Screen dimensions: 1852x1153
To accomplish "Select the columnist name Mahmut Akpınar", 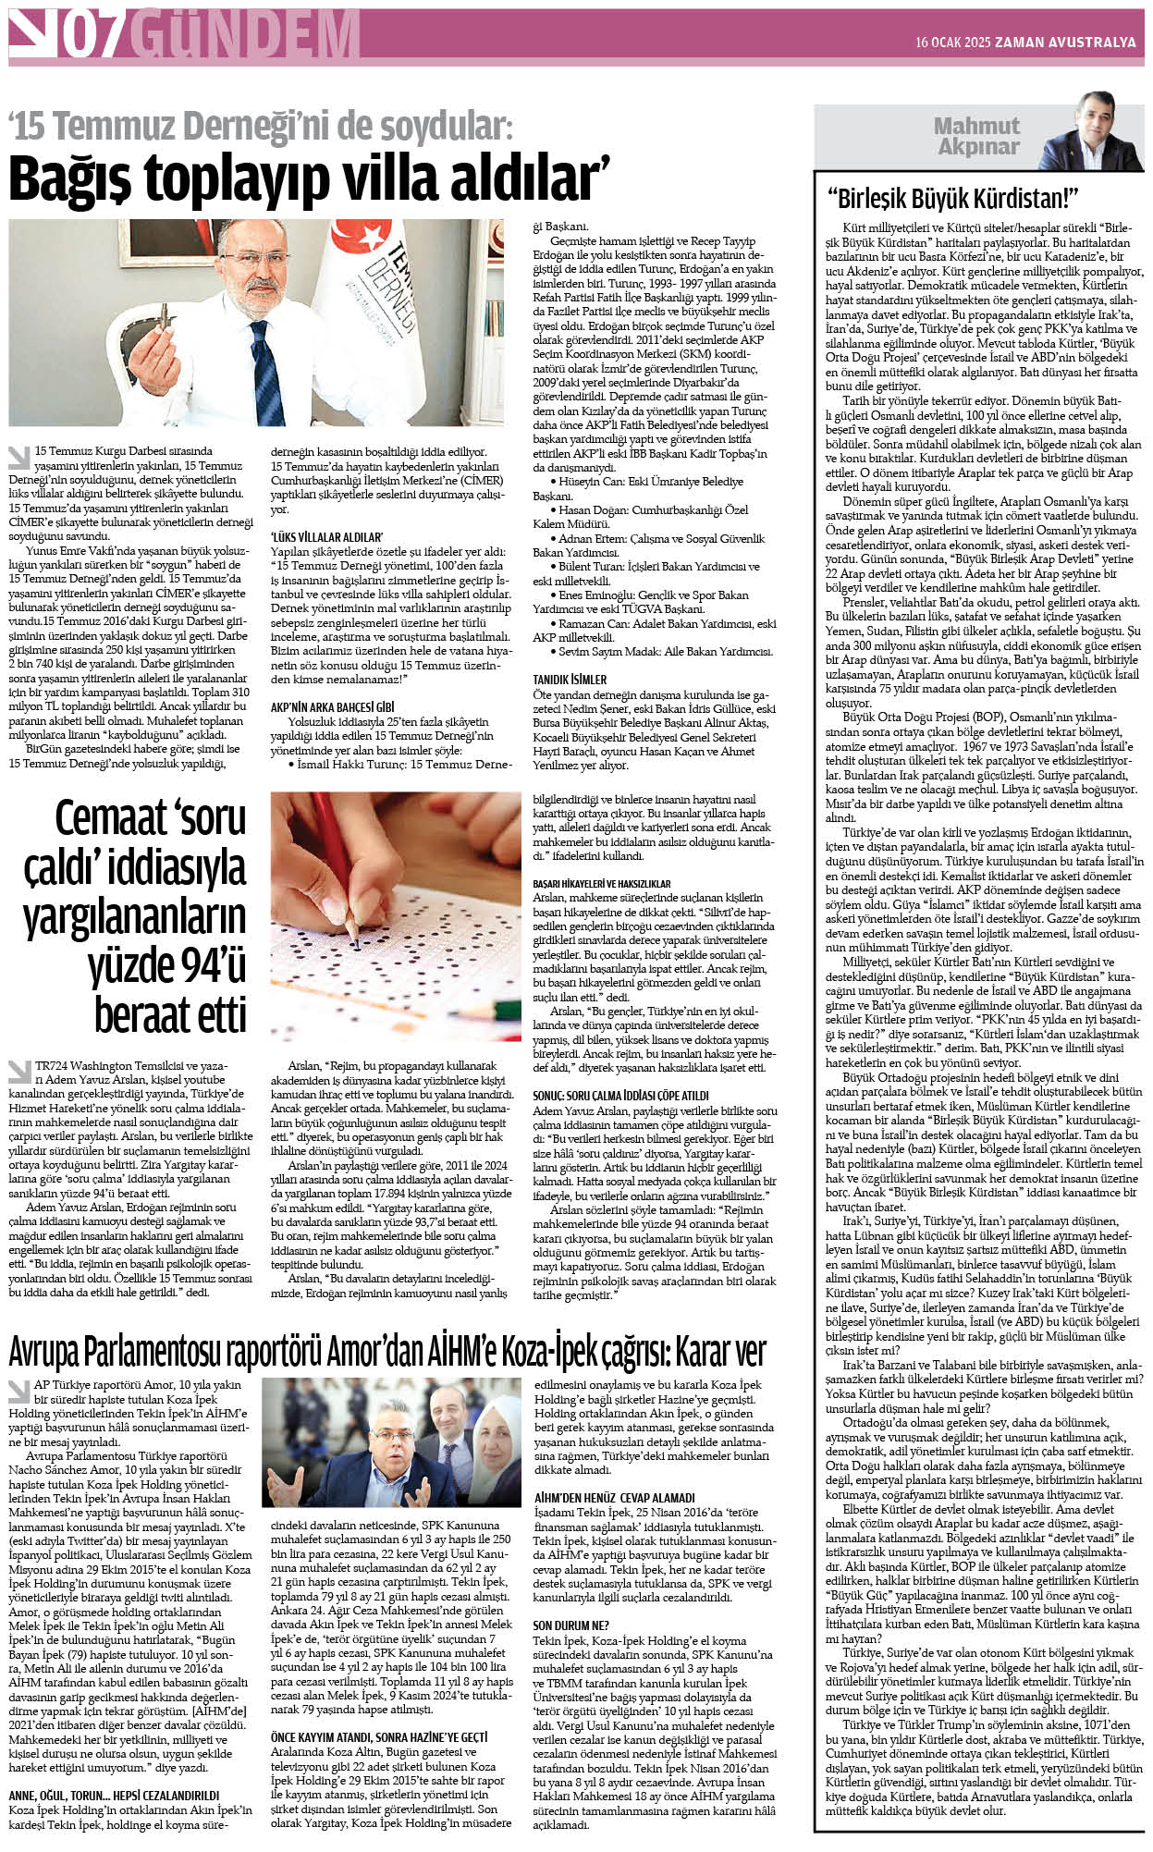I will [x=976, y=136].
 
